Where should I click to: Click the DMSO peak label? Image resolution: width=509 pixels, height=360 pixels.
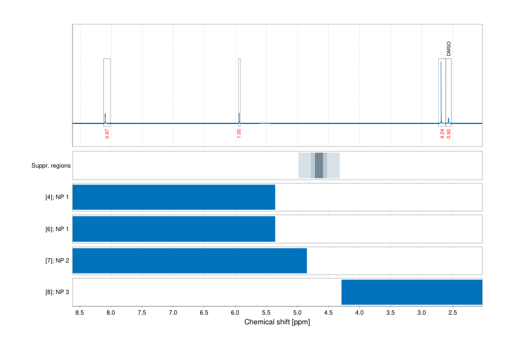(x=449, y=49)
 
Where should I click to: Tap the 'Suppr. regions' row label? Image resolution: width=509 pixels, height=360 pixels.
(x=51, y=165)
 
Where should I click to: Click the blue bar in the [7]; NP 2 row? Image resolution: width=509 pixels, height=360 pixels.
(x=189, y=260)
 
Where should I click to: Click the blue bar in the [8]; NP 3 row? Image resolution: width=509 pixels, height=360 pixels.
(x=412, y=292)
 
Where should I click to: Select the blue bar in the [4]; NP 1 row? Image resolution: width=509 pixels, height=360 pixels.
(x=173, y=197)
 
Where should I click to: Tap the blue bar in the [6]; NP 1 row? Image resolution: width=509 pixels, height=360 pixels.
(x=173, y=229)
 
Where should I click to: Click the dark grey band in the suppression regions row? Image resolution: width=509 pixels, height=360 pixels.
(x=319, y=165)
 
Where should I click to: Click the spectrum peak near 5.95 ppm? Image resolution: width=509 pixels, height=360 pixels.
(x=239, y=117)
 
